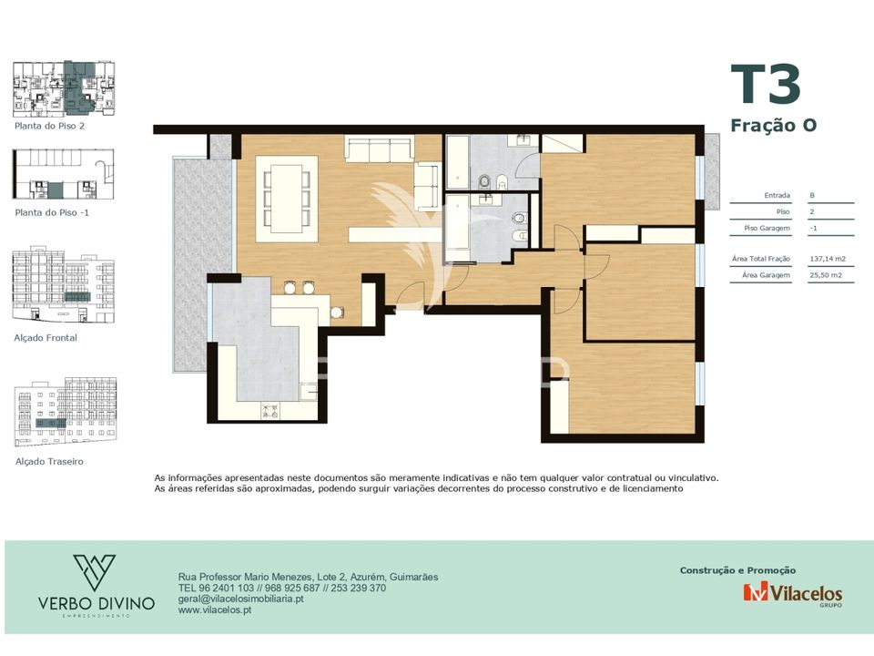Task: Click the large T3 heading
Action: (766, 84)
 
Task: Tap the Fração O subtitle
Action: (774, 126)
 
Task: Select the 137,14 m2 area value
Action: (828, 259)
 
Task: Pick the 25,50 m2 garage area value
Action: (826, 275)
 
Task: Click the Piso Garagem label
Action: (767, 228)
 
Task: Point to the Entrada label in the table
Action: (777, 195)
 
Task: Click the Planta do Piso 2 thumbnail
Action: (64, 88)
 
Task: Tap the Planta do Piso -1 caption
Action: (52, 212)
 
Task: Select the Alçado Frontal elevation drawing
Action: (63, 284)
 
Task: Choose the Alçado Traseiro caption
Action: (49, 461)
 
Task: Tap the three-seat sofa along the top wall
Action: (379, 148)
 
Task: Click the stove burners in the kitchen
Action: (269, 411)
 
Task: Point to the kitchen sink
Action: (309, 392)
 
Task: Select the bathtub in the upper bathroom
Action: (458, 162)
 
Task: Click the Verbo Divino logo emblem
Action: (94, 572)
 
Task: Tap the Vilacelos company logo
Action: (792, 593)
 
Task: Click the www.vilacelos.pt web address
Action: (215, 610)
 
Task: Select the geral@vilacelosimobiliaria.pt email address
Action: (240, 600)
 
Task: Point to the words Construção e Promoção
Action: (737, 570)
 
